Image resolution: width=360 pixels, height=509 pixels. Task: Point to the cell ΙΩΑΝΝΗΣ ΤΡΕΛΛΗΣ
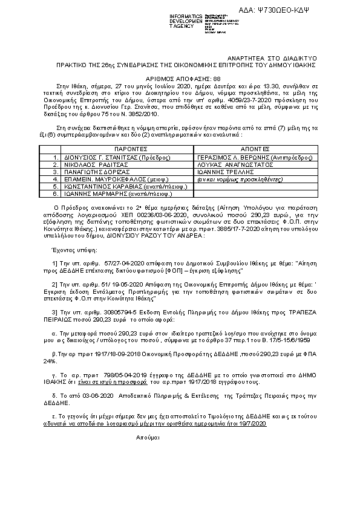click(225, 171)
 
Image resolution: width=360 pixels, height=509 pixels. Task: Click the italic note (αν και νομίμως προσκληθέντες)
click(234, 179)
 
